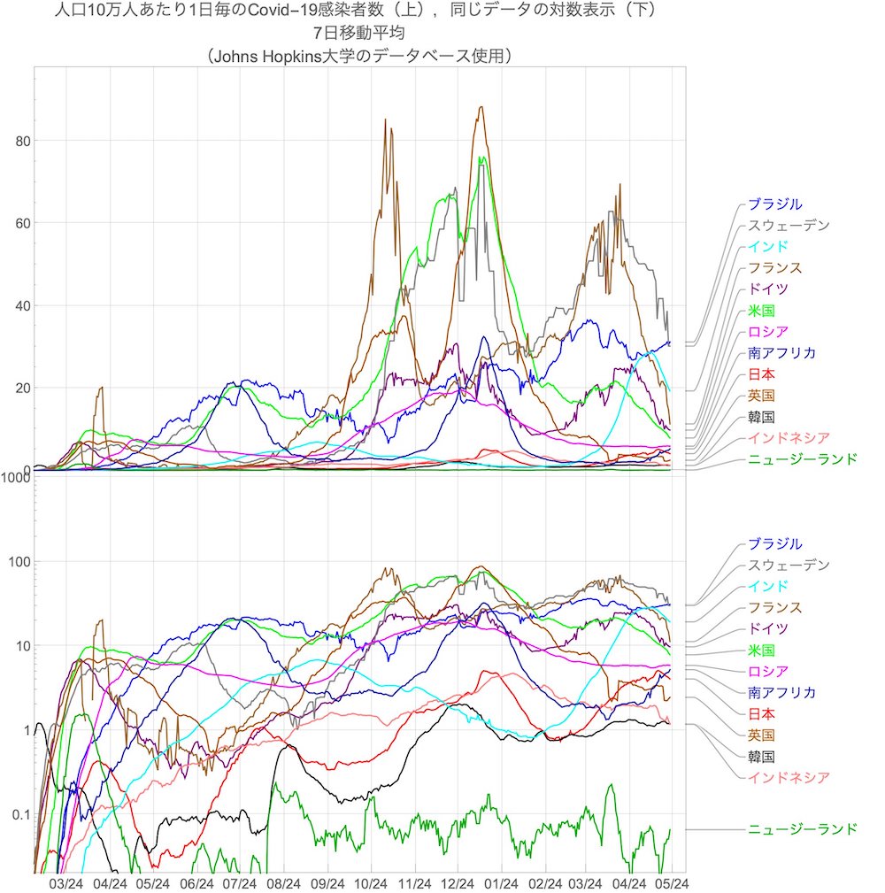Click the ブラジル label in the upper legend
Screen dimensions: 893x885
pyautogui.click(x=774, y=204)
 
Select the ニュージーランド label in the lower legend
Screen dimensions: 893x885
pyautogui.click(x=802, y=829)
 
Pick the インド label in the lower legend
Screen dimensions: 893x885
pyautogui.click(x=767, y=587)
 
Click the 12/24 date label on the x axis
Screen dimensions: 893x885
pyautogui.click(x=458, y=883)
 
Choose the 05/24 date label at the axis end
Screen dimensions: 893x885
pyautogui.click(x=673, y=883)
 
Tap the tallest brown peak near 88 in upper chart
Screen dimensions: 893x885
pyautogui.click(x=481, y=108)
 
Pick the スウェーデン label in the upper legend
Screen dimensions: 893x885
pyautogui.click(x=789, y=226)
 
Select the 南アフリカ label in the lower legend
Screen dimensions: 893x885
pyautogui.click(x=781, y=693)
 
